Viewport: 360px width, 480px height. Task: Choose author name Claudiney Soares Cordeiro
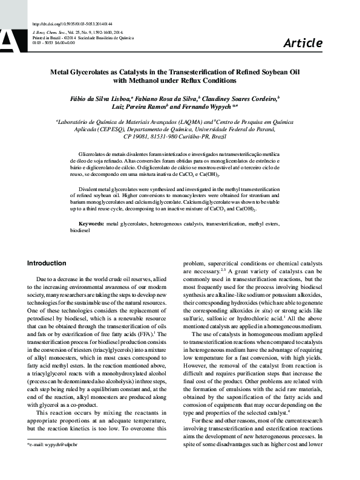coord(246,97)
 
